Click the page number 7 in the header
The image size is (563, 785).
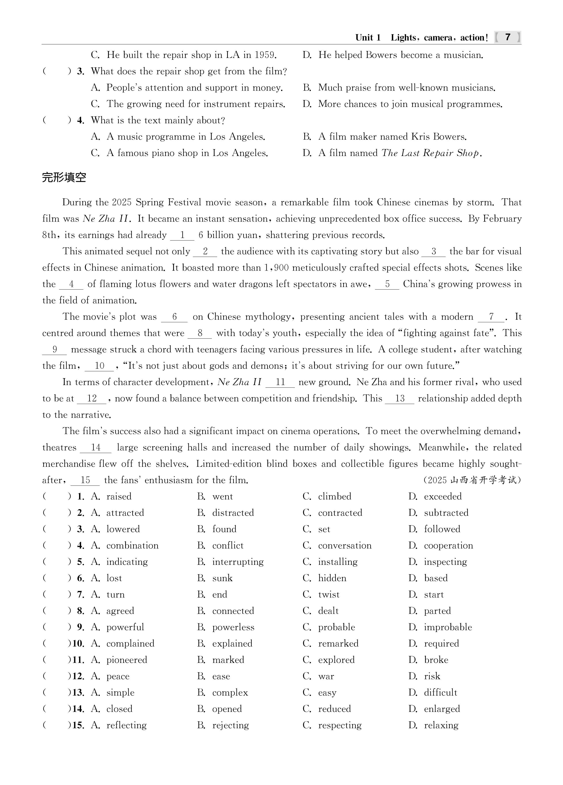[507, 37]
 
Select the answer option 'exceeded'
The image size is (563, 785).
[443, 496]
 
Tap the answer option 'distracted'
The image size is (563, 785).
[233, 513]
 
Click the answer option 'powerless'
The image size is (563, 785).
[233, 627]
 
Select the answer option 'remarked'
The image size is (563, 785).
[338, 643]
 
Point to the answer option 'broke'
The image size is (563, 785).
[436, 660]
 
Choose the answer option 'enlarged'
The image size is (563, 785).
[442, 709]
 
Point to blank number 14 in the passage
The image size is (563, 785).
[96, 447]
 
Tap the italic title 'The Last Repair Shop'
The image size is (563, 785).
[430, 153]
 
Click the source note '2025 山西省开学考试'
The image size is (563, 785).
[472, 480]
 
